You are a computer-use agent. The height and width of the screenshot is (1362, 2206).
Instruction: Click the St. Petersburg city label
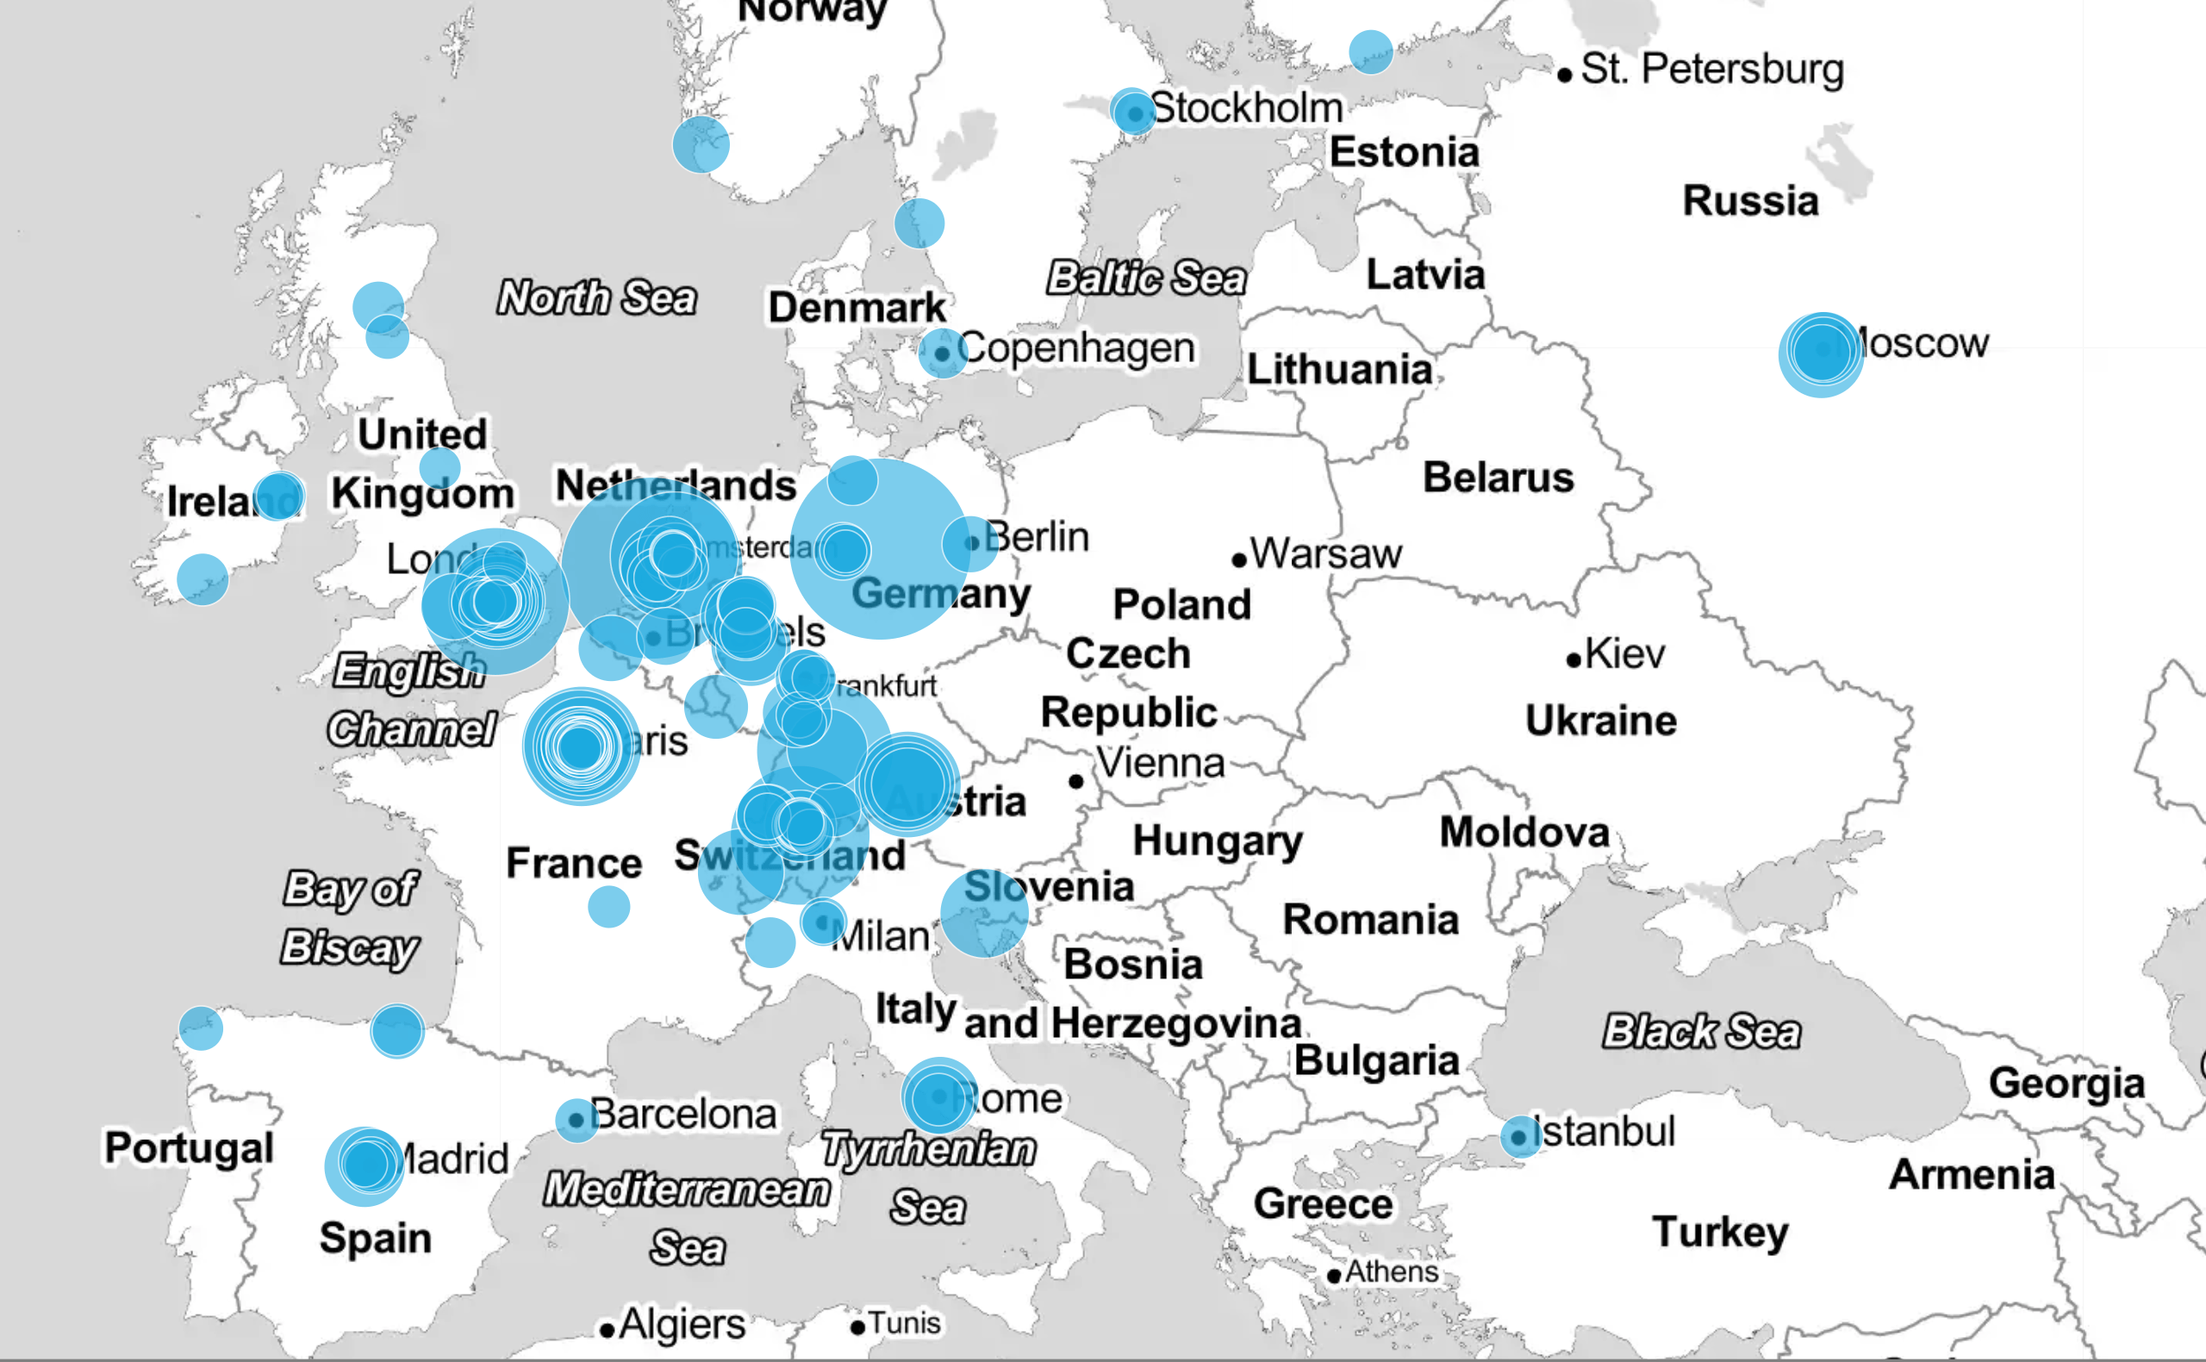[1711, 69]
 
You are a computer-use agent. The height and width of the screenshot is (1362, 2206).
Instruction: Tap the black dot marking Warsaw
[1239, 560]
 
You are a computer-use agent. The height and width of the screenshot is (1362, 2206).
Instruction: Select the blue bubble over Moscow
[1822, 353]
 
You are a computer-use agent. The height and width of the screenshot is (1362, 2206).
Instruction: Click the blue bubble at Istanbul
[1520, 1137]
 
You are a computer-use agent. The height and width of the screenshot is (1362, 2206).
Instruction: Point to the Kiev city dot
[1573, 660]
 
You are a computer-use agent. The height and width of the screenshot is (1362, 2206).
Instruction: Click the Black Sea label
[1701, 1031]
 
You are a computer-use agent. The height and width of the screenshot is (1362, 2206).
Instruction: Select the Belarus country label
[1499, 478]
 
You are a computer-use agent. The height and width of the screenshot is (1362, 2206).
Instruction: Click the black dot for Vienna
[1076, 781]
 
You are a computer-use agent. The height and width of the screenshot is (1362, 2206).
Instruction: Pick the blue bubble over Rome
[939, 1096]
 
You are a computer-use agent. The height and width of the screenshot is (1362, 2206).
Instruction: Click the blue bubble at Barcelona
[576, 1121]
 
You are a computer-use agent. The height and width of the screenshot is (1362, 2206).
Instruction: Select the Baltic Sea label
[1146, 278]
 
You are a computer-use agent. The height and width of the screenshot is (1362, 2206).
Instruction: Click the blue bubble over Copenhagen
[942, 353]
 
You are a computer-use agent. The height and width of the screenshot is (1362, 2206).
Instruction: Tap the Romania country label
[1370, 920]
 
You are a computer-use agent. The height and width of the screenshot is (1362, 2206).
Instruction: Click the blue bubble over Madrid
[365, 1165]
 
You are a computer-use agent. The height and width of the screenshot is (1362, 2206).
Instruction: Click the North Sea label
[597, 297]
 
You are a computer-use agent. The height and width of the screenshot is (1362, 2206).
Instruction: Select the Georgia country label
[2066, 1083]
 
